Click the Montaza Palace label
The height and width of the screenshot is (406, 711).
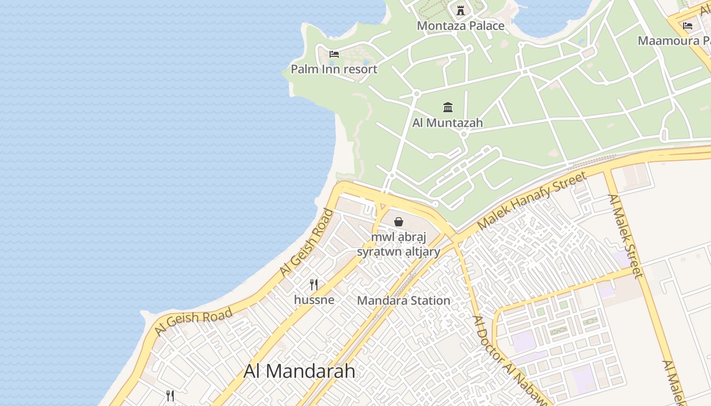coord(461,25)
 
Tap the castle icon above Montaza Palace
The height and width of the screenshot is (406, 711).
coord(461,10)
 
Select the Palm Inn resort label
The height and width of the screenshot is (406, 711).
coord(334,69)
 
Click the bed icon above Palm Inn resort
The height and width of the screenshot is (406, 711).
coord(334,54)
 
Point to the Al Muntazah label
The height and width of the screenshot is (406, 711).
coord(447,122)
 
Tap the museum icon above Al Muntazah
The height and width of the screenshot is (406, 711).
coord(448,107)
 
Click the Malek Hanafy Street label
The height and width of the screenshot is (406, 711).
coord(532,199)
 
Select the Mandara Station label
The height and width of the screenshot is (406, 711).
coord(404,300)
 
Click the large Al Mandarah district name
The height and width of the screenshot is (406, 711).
coord(300,371)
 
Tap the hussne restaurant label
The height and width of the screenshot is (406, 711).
coord(314,299)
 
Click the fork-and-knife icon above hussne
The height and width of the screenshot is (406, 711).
coord(314,285)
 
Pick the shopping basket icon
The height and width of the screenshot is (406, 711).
coord(399,222)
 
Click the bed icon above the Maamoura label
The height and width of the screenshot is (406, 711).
coord(688,25)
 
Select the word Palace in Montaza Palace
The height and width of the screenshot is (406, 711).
coord(487,25)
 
